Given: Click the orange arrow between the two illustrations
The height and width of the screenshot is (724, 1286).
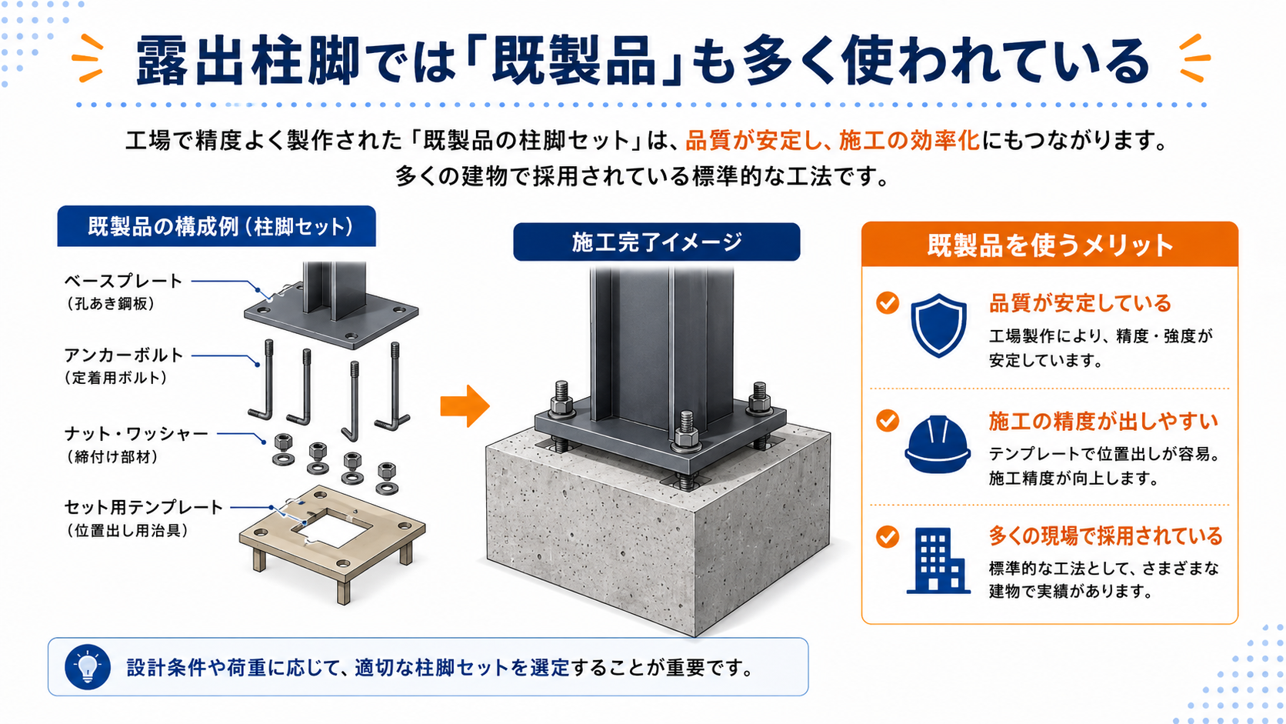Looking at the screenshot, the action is click(x=465, y=406).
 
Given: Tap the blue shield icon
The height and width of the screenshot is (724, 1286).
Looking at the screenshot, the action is click(x=938, y=325).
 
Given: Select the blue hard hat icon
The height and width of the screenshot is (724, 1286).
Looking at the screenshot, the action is click(x=938, y=445).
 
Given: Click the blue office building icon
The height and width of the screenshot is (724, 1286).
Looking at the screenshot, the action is click(x=938, y=560).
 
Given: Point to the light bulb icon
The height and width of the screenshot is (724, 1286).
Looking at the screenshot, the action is click(x=88, y=666).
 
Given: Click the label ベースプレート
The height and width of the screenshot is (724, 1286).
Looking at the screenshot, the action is click(x=123, y=281).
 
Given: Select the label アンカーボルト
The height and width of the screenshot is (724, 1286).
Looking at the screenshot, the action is click(x=123, y=355).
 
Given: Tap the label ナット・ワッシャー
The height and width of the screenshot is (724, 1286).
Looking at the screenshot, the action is click(x=136, y=433).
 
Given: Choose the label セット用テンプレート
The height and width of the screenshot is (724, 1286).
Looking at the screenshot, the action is click(x=143, y=507).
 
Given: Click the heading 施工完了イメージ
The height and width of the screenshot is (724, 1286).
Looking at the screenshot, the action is click(x=656, y=242).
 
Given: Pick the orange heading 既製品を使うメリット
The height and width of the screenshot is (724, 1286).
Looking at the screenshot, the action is click(x=1049, y=245).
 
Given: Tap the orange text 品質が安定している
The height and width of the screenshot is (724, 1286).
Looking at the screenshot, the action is click(x=1080, y=302).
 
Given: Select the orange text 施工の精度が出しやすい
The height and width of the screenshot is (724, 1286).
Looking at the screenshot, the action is click(x=1103, y=421).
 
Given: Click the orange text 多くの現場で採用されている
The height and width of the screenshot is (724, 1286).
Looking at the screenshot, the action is click(x=1106, y=535).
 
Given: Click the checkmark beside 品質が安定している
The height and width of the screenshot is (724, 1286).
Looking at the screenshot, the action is click(x=888, y=302).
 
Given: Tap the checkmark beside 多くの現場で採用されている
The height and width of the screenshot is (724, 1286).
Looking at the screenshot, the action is click(x=888, y=537).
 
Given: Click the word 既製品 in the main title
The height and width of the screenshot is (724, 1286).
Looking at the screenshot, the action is click(x=574, y=60).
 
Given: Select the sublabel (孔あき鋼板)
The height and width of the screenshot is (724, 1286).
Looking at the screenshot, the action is click(x=110, y=304).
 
